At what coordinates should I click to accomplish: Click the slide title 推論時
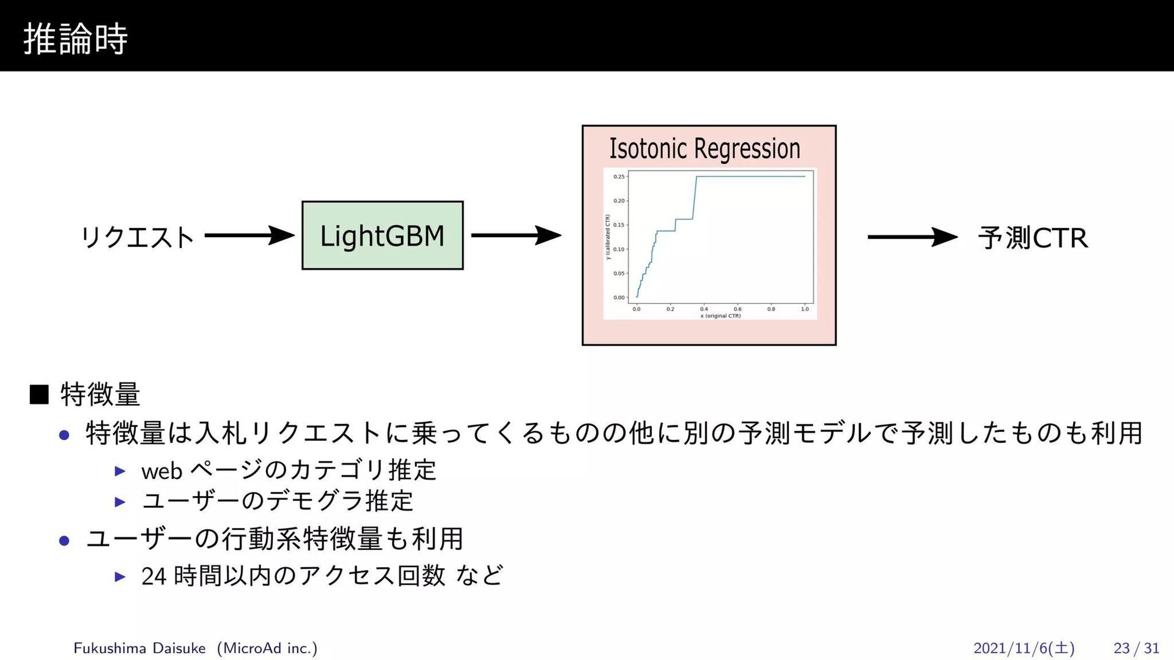(x=75, y=38)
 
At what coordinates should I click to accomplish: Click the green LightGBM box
(x=382, y=235)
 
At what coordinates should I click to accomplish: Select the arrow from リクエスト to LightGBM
(x=249, y=235)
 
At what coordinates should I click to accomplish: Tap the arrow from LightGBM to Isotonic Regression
(x=515, y=235)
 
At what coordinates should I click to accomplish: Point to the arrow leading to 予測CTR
(x=912, y=237)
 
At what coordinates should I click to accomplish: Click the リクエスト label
(x=138, y=237)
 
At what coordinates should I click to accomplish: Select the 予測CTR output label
(x=1033, y=238)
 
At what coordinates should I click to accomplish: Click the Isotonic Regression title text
(x=704, y=148)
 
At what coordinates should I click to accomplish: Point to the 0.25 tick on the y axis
(x=619, y=177)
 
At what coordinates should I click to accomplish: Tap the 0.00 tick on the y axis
(x=619, y=298)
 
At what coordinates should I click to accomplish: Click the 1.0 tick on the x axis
(x=805, y=309)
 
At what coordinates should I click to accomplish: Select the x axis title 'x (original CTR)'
(x=720, y=316)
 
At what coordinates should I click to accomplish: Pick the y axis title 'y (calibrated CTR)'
(x=608, y=237)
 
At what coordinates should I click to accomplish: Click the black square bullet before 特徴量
(x=39, y=394)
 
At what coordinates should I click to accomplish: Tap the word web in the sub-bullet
(x=161, y=471)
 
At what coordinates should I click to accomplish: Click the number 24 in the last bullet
(x=153, y=576)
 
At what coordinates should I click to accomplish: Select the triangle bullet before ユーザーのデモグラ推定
(x=120, y=502)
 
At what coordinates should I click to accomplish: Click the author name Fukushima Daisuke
(x=139, y=648)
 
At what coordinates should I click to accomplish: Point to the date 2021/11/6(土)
(x=1024, y=648)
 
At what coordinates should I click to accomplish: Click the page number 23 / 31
(x=1136, y=648)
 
